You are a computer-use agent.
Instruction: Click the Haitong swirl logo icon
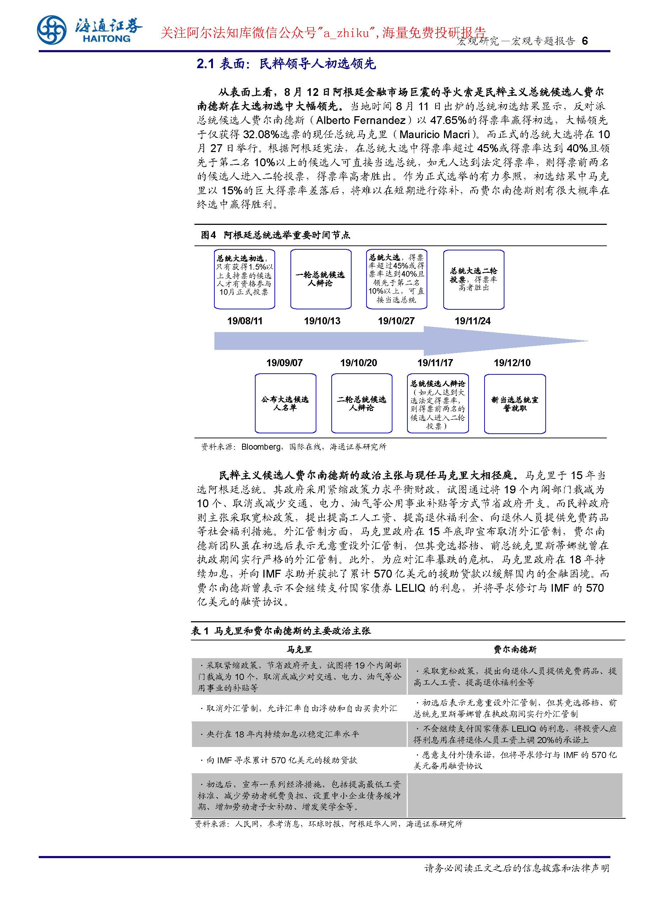[52, 30]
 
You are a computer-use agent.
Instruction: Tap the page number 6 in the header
[585, 41]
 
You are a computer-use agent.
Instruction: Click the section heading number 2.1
[205, 64]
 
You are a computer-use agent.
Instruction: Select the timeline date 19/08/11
[245, 321]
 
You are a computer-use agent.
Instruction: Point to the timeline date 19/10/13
[322, 321]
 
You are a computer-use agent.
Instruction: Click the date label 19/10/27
[396, 321]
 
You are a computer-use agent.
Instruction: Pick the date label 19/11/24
[473, 321]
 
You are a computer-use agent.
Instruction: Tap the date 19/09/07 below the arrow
[284, 363]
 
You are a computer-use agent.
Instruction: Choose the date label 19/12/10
[512, 363]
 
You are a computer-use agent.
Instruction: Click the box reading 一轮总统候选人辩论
[321, 279]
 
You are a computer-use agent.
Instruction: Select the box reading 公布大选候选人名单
[285, 403]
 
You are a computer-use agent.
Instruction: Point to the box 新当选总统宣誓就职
[515, 403]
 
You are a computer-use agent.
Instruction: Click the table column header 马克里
[299, 650]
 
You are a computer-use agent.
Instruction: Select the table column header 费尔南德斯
[515, 650]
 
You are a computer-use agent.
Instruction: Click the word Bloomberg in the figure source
[261, 446]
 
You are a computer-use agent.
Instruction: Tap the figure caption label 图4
[208, 235]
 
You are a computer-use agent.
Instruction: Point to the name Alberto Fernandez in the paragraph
[360, 120]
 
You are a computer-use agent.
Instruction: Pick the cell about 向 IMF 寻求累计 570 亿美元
[281, 760]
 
